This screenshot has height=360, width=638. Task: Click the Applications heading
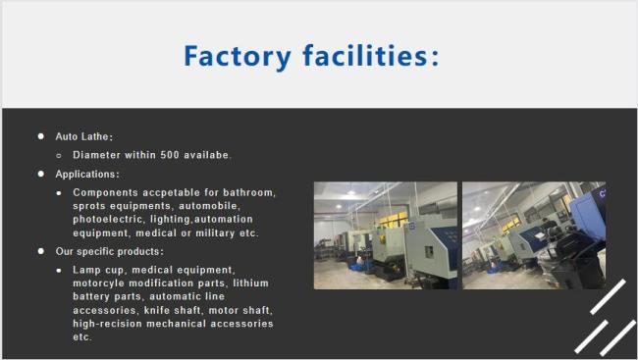click(87, 174)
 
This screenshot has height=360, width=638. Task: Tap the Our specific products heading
click(109, 252)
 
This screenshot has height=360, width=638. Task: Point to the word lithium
click(250, 283)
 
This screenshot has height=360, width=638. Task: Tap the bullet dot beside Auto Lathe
click(41, 136)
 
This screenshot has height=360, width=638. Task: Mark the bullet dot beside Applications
click(41, 174)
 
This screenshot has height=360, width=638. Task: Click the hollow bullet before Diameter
click(60, 155)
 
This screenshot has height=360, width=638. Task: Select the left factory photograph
click(385, 235)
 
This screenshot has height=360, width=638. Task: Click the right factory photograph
click(533, 235)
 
